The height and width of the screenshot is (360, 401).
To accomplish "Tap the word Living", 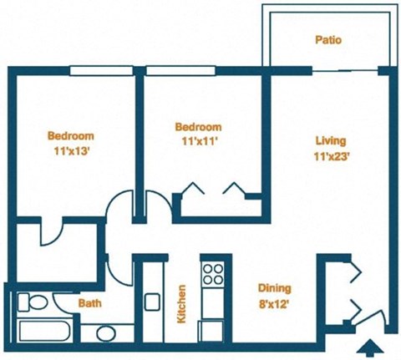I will tap(330, 141).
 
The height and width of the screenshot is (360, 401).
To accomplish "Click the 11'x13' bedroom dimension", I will tap(70, 150).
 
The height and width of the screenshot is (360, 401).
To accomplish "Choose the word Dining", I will tap(275, 286).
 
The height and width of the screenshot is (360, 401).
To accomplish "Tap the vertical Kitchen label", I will tap(180, 305).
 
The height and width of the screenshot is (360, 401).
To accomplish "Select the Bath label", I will tap(90, 303).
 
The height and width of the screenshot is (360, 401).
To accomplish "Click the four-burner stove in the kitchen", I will tap(213, 274).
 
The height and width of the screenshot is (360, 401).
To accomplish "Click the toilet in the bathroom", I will tap(33, 302).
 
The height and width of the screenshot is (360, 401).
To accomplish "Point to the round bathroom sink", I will tap(105, 332).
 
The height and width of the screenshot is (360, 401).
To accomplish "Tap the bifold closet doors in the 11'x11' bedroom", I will tap(213, 189).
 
